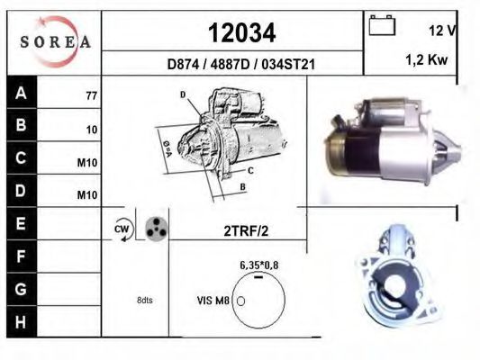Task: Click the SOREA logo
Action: point(55,41)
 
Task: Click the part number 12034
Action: point(242,33)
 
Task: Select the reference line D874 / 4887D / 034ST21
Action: point(241,65)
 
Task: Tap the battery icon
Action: point(382,25)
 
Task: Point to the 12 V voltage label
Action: point(442,31)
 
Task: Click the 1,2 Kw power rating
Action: point(427,59)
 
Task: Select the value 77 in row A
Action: point(92,96)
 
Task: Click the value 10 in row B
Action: point(92,130)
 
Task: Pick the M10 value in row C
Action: point(87,163)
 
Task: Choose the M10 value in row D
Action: point(87,194)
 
